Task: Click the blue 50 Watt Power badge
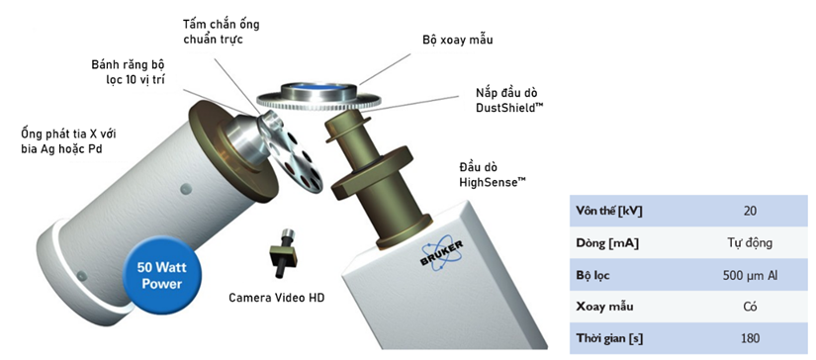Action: click(x=162, y=276)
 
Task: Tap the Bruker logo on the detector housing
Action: click(x=441, y=252)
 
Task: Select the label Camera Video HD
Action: click(x=276, y=298)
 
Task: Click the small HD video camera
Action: click(x=283, y=253)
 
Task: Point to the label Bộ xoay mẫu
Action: click(x=457, y=41)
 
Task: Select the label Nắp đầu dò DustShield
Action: click(x=506, y=101)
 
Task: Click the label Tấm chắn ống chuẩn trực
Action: click(x=221, y=32)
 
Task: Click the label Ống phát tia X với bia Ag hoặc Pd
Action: click(x=68, y=141)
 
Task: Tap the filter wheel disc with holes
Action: click(x=291, y=156)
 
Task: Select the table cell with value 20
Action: click(x=750, y=212)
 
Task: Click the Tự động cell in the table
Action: click(x=750, y=243)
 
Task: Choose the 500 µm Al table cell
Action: click(x=750, y=275)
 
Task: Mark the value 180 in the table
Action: click(x=750, y=338)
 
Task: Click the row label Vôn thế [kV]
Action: click(x=609, y=212)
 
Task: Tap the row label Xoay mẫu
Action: click(x=604, y=307)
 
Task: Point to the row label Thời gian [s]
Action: click(x=609, y=338)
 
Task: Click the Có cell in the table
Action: click(x=750, y=307)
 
